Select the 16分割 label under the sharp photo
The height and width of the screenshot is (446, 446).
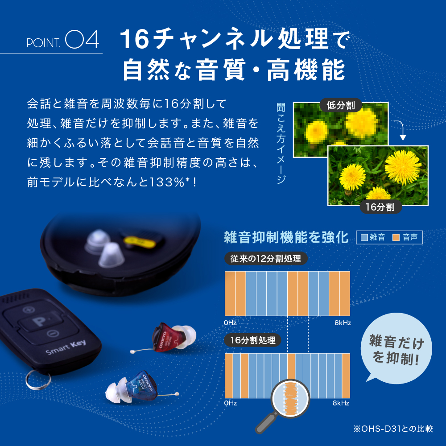[x=381, y=207]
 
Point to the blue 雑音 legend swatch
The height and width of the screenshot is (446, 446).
[x=364, y=237]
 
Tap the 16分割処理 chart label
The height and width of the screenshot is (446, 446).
[x=253, y=341]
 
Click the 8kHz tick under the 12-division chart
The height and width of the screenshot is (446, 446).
[x=343, y=322]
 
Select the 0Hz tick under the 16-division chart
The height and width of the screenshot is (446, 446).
[x=231, y=403]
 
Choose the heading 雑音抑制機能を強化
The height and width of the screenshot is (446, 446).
[x=286, y=237]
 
